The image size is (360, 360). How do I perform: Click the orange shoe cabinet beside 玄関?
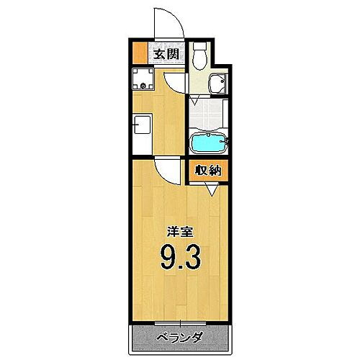(138, 53)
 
